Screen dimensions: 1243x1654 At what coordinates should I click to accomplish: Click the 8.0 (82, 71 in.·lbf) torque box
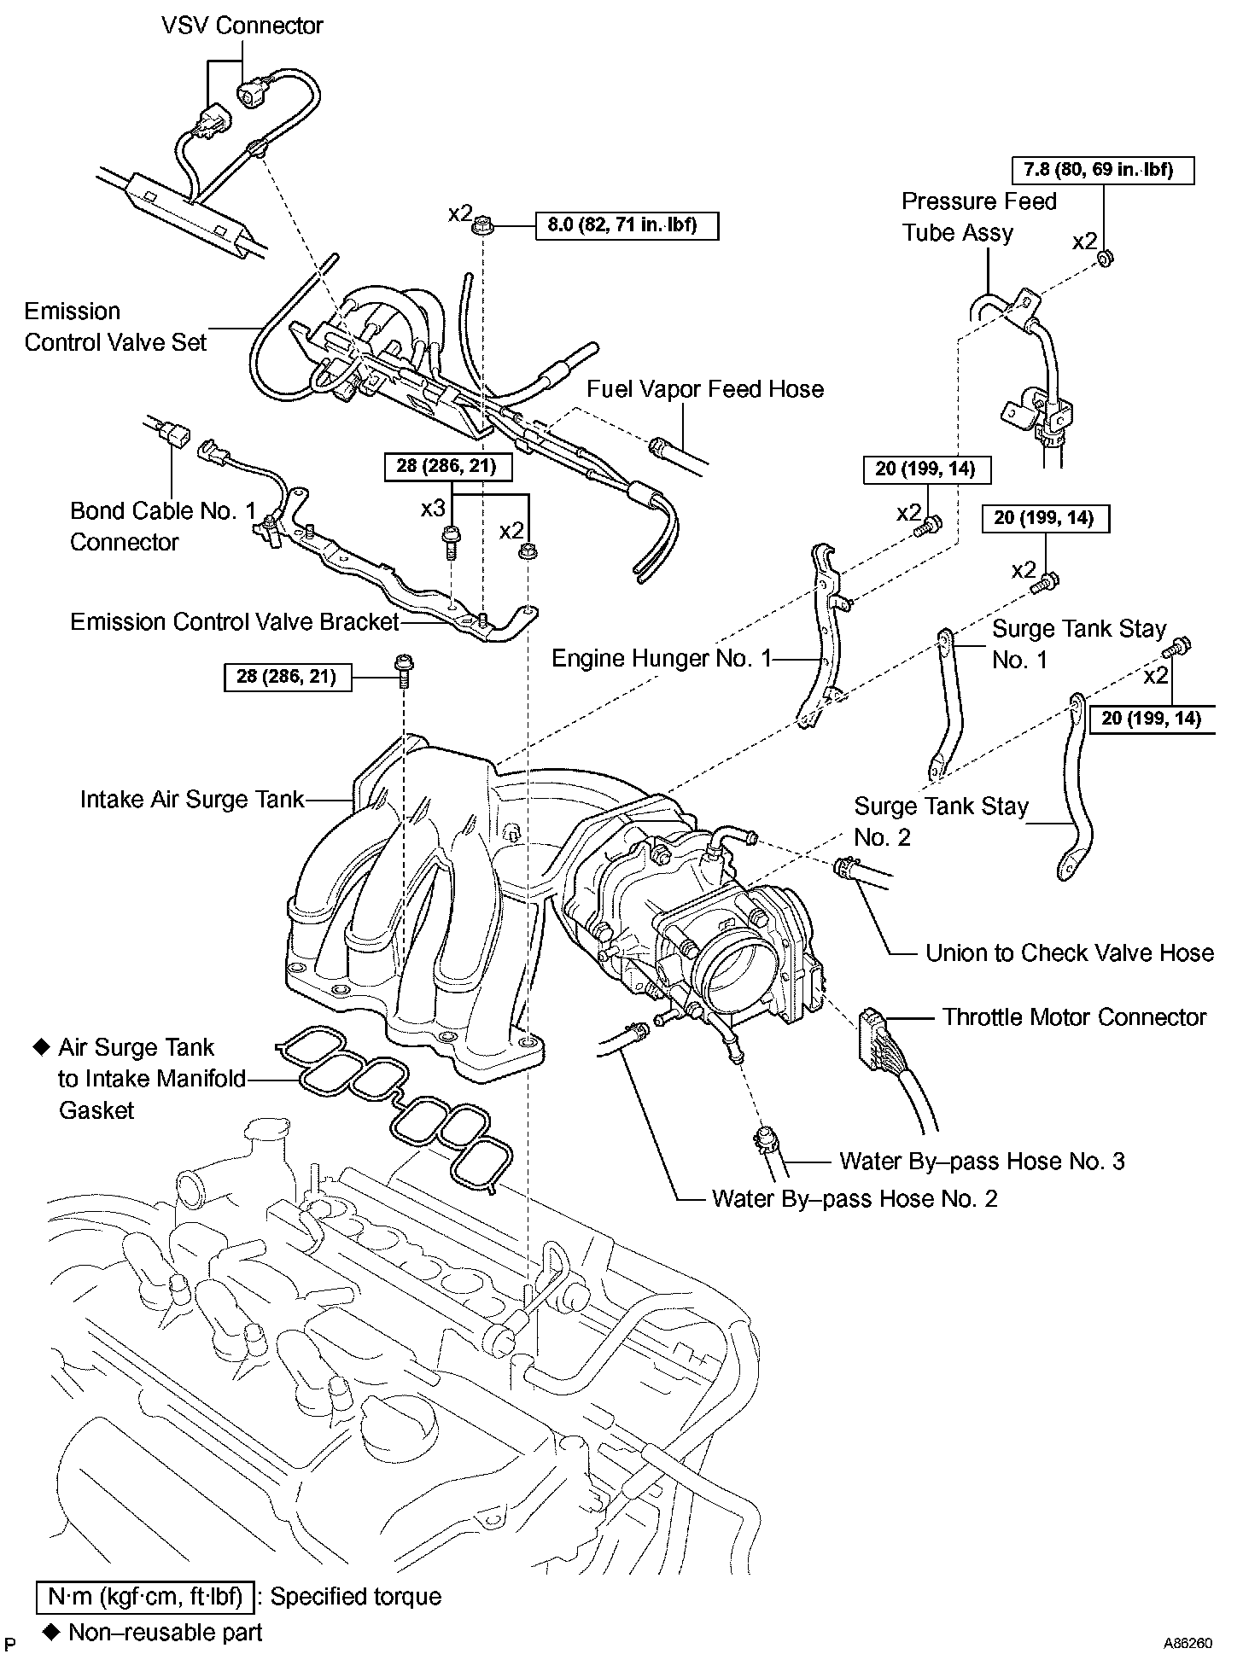pos(627,225)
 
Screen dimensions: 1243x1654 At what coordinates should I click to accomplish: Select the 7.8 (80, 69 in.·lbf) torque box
pos(1103,171)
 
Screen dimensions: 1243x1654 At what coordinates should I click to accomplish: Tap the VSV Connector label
pos(242,25)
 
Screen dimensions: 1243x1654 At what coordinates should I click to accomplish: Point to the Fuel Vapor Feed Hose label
pos(705,389)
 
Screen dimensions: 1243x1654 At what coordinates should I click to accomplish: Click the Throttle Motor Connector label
pos(1074,1017)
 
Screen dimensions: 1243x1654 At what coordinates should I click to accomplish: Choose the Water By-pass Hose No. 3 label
pos(982,1161)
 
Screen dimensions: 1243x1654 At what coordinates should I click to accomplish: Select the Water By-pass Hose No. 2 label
pos(855,1199)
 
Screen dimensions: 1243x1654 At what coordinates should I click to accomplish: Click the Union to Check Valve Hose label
pos(1070,952)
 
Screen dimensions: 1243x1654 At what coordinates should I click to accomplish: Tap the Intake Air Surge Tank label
pos(192,799)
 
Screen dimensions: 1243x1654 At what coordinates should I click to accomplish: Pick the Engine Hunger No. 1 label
pos(662,658)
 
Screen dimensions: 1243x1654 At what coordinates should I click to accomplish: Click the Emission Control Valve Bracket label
pos(235,621)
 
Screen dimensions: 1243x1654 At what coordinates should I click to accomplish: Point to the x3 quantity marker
pos(433,509)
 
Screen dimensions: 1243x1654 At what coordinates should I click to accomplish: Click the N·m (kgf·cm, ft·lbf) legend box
pos(145,1597)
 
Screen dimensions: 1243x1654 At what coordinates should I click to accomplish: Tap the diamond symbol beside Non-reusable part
pos(51,1632)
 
